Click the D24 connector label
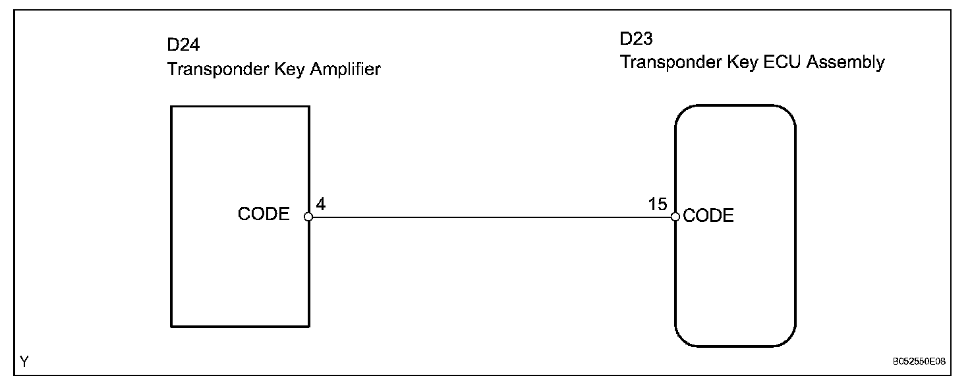pyautogui.click(x=184, y=47)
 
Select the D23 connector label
pyautogui.click(x=636, y=40)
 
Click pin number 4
pyautogui.click(x=320, y=204)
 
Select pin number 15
pyautogui.click(x=658, y=204)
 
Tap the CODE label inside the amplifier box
pyautogui.click(x=264, y=214)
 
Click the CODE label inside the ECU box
pyautogui.click(x=708, y=216)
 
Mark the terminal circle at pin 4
pyautogui.click(x=308, y=216)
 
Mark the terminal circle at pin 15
pyautogui.click(x=675, y=216)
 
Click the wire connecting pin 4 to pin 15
pyautogui.click(x=491, y=216)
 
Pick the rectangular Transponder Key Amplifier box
pyautogui.click(x=240, y=277)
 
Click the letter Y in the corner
pyautogui.click(x=24, y=362)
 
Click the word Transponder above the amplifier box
pyautogui.click(x=210, y=69)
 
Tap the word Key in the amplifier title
pyautogui.click(x=273, y=69)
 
